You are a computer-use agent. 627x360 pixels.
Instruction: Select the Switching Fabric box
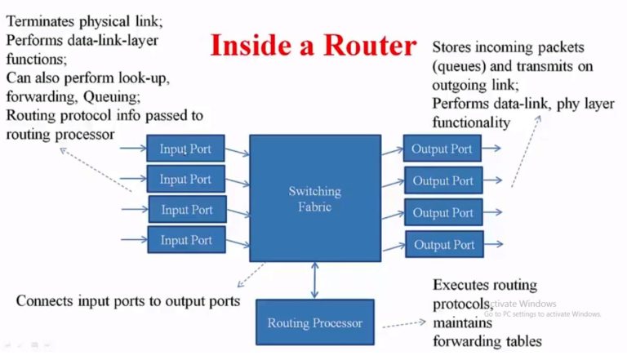[314, 198]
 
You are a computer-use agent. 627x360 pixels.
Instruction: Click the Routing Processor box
[314, 323]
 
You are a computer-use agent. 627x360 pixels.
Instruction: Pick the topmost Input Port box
[185, 149]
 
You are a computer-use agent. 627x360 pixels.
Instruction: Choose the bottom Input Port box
[186, 240]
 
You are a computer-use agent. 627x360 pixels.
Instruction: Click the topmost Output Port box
[442, 149]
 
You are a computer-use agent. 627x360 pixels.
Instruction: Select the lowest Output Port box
[443, 244]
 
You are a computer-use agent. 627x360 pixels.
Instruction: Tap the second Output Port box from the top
[442, 180]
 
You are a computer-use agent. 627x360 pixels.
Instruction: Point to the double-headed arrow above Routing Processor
[314, 280]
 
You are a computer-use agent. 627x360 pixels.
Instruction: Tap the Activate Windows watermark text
[522, 304]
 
